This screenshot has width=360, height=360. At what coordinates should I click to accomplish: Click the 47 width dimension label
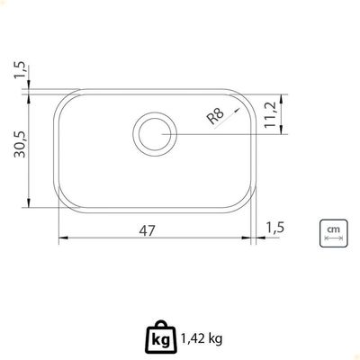pos(148,230)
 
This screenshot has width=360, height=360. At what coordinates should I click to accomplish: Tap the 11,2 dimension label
pos(270,115)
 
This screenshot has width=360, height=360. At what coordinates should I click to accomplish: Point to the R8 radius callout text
pos(216,116)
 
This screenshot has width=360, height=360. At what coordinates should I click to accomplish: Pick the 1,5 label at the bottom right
pos(274,228)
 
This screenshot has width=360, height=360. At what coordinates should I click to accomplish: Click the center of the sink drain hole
pos(155,134)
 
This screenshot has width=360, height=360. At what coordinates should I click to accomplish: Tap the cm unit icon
pos(334,233)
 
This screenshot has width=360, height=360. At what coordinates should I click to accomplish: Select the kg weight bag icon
pos(161,337)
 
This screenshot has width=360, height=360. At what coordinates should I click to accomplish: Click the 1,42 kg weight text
pos(202,339)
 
